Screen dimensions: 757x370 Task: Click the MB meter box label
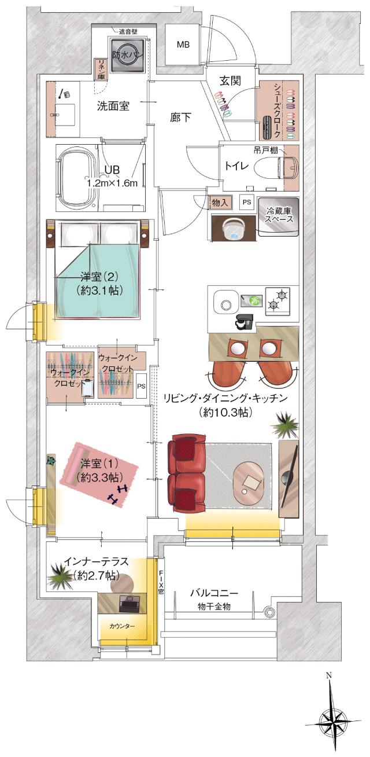point(183,45)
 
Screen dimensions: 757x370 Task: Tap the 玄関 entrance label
point(230,80)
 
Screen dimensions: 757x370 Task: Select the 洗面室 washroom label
point(113,106)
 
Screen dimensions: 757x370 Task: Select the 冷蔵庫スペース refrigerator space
point(279,215)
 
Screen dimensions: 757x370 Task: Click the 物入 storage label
point(220,202)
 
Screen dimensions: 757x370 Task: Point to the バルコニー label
point(214,593)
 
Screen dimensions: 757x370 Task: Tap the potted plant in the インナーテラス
point(60,575)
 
